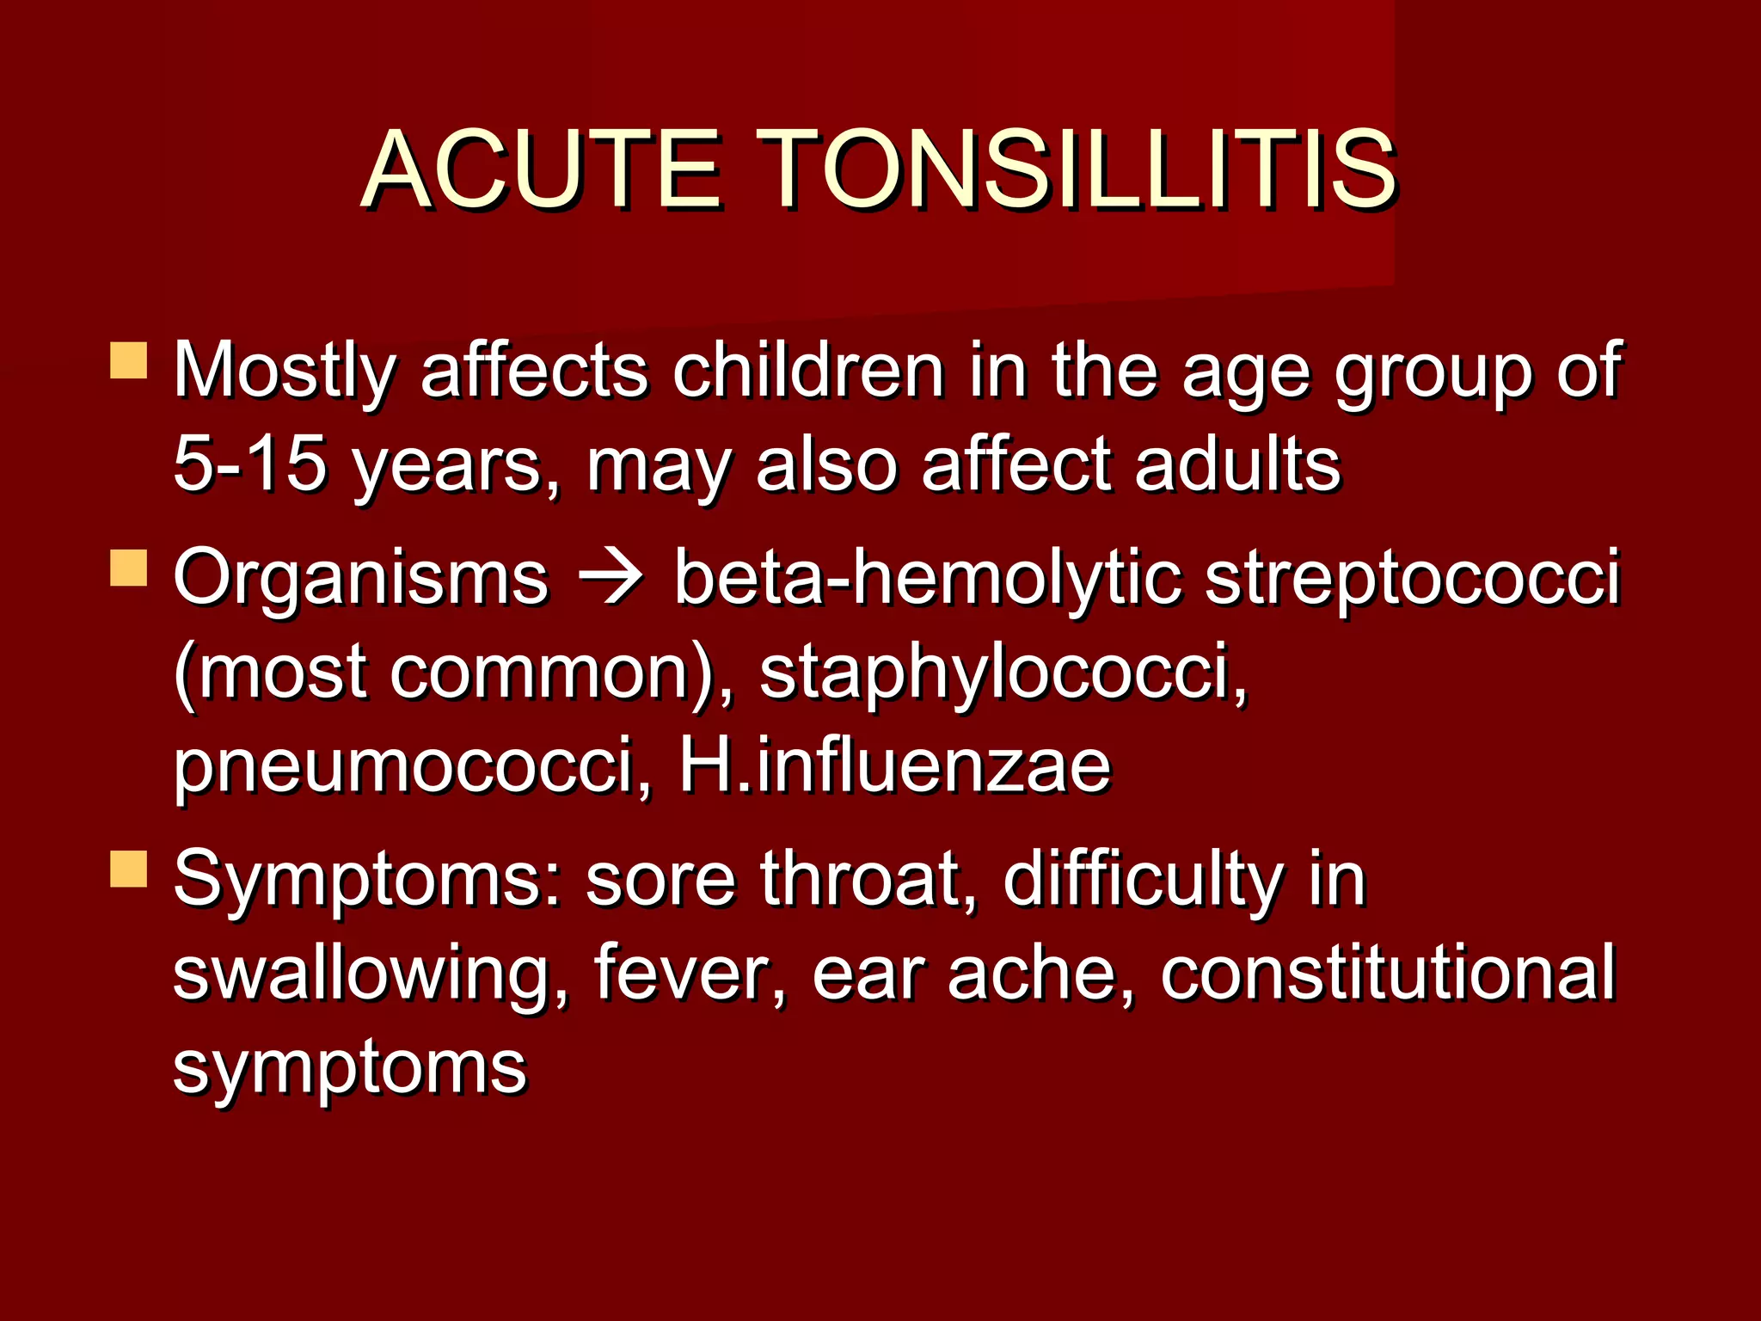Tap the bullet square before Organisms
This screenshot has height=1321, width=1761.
pyautogui.click(x=129, y=569)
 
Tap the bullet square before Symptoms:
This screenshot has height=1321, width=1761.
pyautogui.click(x=129, y=869)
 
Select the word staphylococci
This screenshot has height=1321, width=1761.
pyautogui.click(x=1002, y=673)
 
